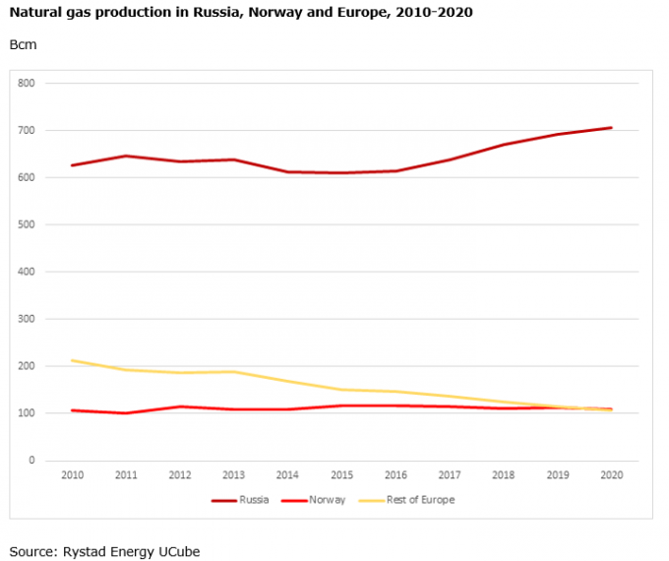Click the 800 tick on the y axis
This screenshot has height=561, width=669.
(x=27, y=84)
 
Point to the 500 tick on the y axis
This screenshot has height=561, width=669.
(x=27, y=224)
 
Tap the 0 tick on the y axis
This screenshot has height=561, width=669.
(x=31, y=461)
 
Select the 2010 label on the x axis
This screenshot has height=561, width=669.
(x=72, y=475)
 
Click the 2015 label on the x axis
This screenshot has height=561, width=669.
(x=341, y=475)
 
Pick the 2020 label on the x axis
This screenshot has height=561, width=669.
(x=611, y=475)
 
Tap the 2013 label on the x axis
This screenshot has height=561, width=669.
(x=233, y=475)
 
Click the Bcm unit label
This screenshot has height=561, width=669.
(x=23, y=45)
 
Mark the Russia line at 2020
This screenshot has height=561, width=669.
(x=611, y=128)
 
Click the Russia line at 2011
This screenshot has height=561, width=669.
(x=126, y=156)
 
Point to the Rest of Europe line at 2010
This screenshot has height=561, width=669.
(x=72, y=360)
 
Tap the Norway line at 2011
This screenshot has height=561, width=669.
(x=126, y=413)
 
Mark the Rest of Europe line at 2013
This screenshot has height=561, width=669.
(x=233, y=372)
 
